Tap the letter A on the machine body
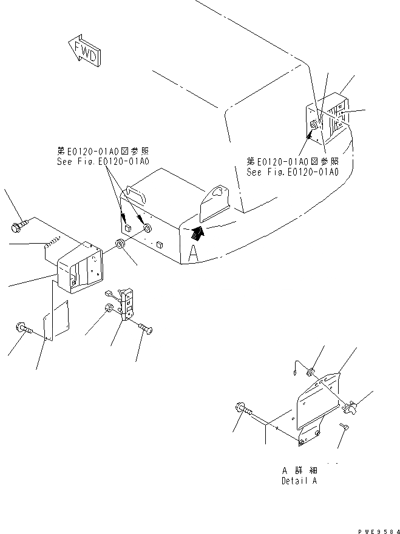193,253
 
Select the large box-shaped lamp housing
79,267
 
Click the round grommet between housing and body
120,244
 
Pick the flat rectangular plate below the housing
56,323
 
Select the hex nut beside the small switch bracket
110,308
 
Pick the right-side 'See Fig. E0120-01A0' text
292,172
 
